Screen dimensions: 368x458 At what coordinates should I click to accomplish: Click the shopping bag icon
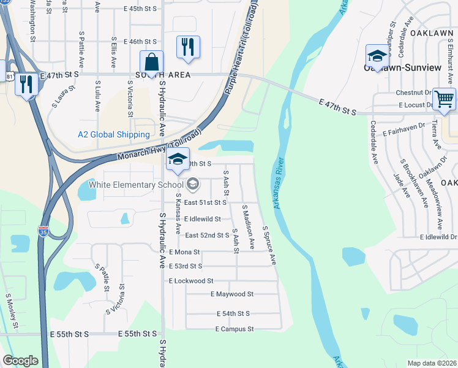(x=151, y=62)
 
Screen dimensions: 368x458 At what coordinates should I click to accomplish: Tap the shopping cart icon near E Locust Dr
(x=444, y=99)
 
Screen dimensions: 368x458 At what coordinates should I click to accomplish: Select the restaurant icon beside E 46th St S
(x=188, y=47)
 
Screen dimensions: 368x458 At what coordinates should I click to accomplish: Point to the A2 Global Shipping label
(x=113, y=134)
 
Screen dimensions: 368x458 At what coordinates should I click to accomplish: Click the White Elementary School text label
(x=136, y=184)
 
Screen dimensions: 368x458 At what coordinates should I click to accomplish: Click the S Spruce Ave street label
(x=269, y=245)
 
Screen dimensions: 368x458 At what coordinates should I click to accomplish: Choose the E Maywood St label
(x=231, y=294)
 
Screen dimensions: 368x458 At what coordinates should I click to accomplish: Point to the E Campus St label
(x=234, y=329)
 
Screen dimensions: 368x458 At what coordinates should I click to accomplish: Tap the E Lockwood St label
(x=190, y=280)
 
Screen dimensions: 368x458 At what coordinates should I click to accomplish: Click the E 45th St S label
(x=140, y=9)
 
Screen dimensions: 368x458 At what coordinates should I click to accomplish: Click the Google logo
(x=20, y=361)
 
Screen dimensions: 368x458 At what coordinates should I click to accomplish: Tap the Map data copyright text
(x=432, y=363)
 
